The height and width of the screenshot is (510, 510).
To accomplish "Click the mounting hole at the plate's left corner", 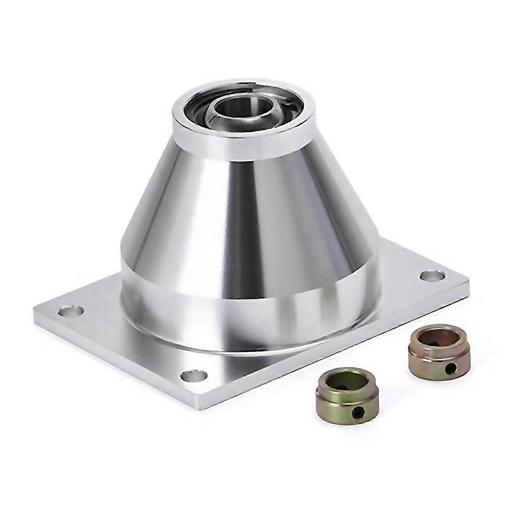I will pyautogui.click(x=71, y=312).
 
